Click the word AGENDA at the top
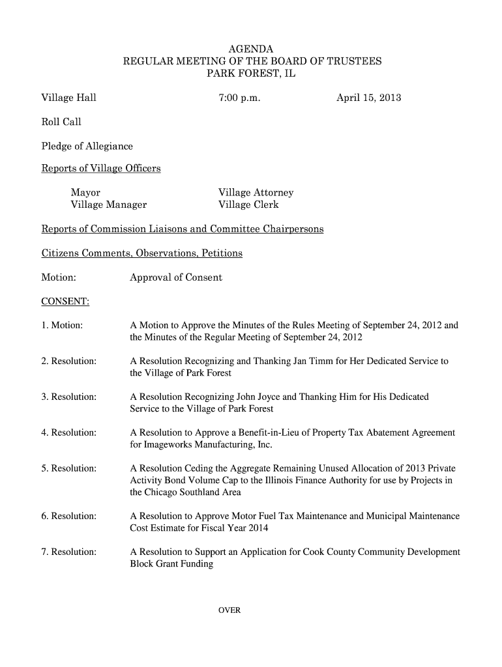tap(251, 50)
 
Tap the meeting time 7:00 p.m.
tap(239, 98)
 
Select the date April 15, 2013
tap(368, 98)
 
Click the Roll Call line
tap(61, 122)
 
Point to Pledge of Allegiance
tap(87, 146)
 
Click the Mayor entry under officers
tap(85, 193)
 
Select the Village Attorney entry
tap(256, 193)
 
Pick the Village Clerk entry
tap(248, 205)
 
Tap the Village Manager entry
tap(108, 205)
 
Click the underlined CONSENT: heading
tap(65, 302)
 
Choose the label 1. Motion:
tap(62, 325)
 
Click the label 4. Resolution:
tap(69, 433)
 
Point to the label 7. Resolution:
tap(69, 552)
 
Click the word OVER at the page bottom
tap(229, 610)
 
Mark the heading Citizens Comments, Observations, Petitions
tap(142, 253)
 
